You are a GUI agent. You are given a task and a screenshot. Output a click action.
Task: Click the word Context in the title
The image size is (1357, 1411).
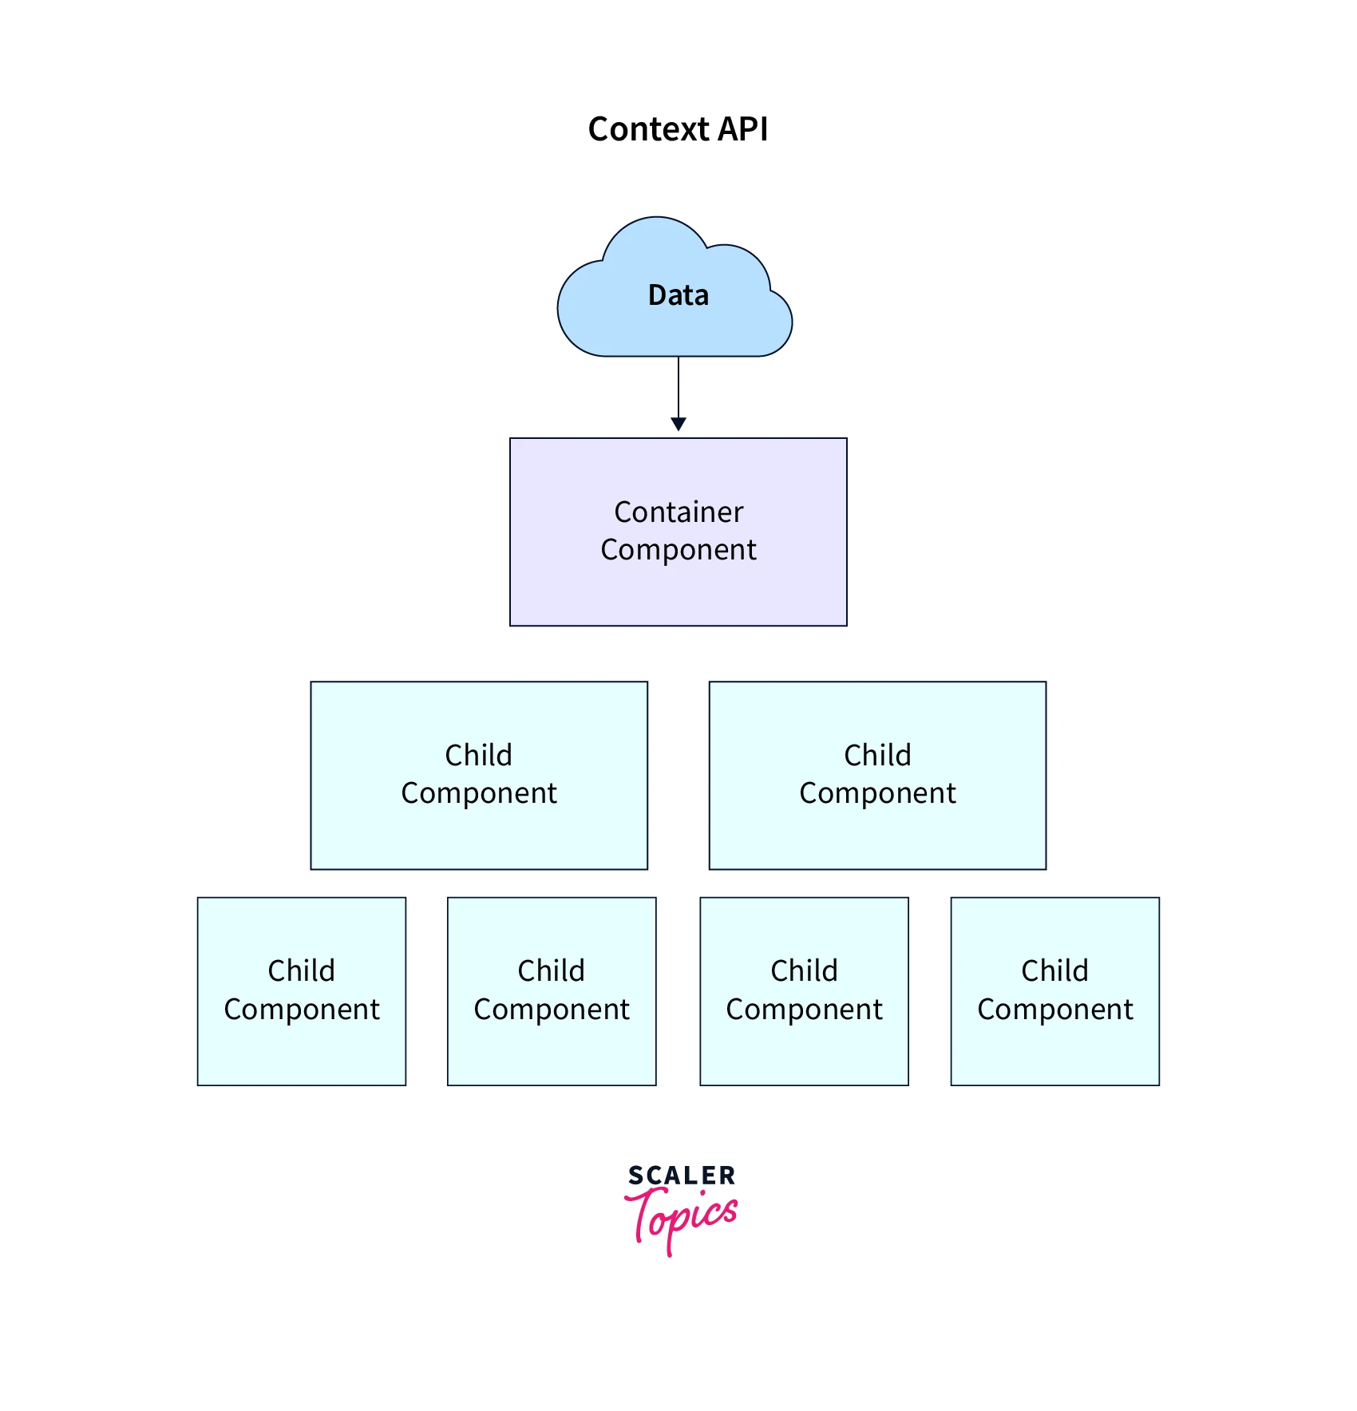pos(647,129)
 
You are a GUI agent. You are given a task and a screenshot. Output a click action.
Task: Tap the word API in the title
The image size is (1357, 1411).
pos(742,129)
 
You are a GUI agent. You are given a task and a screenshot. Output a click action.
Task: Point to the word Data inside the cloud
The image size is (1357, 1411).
pos(678,295)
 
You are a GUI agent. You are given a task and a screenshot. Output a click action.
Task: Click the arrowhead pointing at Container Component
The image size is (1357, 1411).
pos(678,424)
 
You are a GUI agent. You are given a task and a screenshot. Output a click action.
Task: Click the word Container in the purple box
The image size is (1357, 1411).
pos(678,512)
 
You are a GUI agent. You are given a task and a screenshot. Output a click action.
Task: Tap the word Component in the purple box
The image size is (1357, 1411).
pos(678,550)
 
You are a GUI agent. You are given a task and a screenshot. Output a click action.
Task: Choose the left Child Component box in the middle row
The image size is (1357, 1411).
pos(479,838)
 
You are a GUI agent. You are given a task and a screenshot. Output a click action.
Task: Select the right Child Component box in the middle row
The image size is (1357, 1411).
pos(877,838)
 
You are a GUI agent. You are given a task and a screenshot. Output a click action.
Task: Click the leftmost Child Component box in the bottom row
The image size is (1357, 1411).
pos(302,1053)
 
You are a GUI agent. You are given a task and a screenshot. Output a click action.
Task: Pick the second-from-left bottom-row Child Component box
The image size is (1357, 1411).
pos(552,1053)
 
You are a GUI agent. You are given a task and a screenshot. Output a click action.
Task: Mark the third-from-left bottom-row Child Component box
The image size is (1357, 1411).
pos(804,1053)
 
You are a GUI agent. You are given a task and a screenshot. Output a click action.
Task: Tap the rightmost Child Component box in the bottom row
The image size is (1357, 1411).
pos(1054,1053)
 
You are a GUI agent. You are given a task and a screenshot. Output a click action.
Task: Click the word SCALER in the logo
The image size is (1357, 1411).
pos(682,1176)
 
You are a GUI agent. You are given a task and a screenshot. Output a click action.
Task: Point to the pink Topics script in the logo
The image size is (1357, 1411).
pos(682,1218)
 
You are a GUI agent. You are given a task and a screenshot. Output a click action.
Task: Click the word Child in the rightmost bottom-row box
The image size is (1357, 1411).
pos(1054,971)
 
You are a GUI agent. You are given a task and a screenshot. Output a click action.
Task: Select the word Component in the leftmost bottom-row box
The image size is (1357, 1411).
pos(302,1010)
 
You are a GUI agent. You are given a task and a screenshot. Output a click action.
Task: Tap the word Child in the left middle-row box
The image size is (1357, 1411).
pos(478,755)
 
